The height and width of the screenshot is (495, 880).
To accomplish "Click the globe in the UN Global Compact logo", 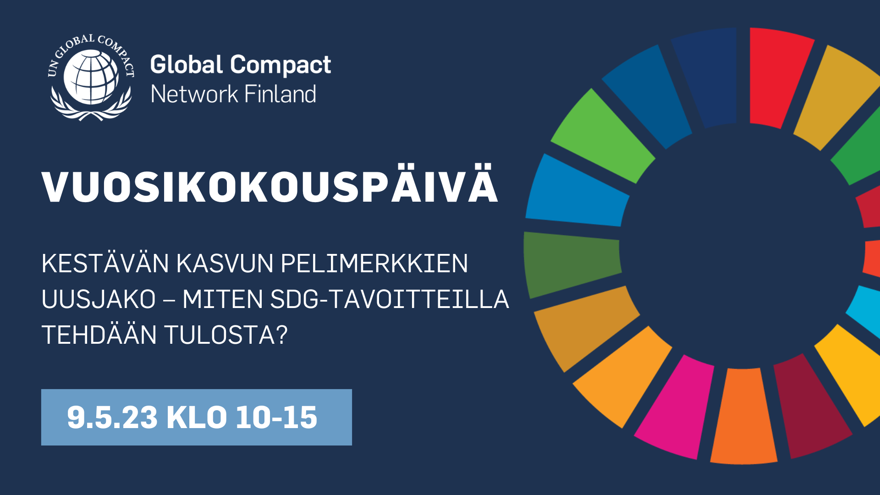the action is tap(91, 77).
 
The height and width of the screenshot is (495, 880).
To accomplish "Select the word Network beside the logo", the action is tap(194, 94).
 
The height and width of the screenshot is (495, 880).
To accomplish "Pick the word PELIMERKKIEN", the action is tap(374, 264).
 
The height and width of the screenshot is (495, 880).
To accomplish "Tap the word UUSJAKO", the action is tap(99, 299).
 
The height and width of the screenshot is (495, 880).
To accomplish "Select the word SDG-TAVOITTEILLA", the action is tap(390, 299).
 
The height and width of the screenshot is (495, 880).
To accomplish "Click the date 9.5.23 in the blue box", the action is tap(112, 418).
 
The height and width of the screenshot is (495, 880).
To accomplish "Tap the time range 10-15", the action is tap(276, 418).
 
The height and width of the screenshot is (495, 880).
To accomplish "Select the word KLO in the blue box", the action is tap(197, 418).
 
